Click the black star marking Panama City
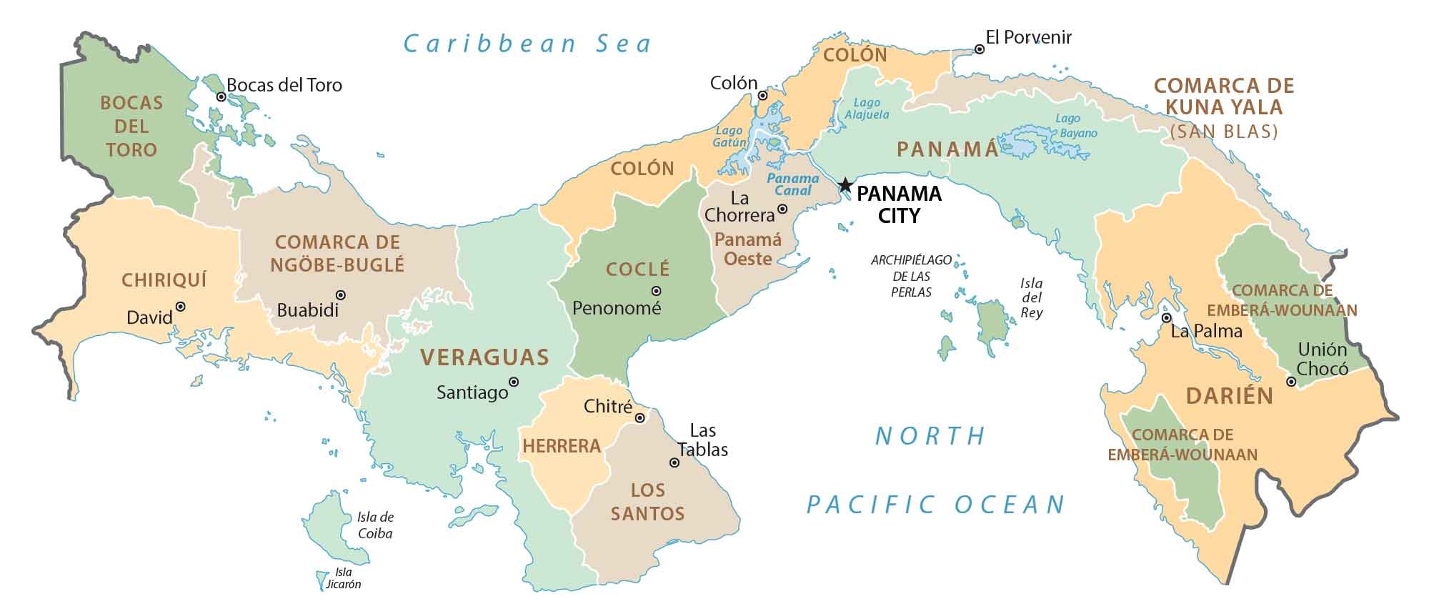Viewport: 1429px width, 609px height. (845, 185)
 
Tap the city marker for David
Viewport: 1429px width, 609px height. (181, 306)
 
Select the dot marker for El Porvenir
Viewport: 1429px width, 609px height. (980, 49)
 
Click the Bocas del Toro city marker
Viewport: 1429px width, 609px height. (221, 96)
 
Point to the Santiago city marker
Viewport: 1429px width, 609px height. (513, 382)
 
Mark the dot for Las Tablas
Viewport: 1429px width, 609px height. (674, 462)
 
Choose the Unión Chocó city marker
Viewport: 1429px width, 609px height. (1290, 382)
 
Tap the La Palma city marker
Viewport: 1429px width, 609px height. (1166, 318)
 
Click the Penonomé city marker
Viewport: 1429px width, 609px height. (656, 291)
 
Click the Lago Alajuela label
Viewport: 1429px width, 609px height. (867, 109)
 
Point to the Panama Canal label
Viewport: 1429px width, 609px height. (793, 184)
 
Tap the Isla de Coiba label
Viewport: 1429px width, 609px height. (375, 525)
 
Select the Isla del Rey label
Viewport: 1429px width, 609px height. (1031, 298)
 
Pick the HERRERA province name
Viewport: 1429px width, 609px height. (562, 447)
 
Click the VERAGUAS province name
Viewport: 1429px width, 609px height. (484, 357)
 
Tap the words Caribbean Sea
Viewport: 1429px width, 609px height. (528, 44)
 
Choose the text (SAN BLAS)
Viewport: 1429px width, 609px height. (1224, 132)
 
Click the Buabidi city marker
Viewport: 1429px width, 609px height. (341, 294)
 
